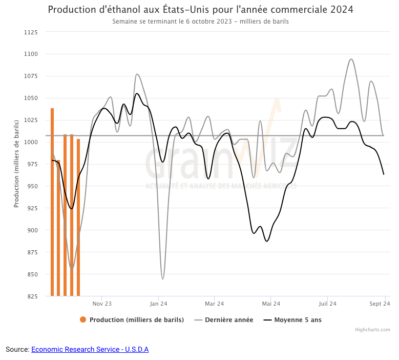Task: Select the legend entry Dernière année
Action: coord(228,320)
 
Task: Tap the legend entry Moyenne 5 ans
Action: coord(298,320)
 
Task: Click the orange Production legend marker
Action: coord(83,320)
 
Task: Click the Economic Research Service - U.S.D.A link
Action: coord(90,349)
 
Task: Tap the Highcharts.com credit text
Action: coord(372,330)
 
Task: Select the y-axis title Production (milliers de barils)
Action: coord(16,164)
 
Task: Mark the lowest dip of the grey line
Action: coord(163,279)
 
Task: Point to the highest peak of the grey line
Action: coord(351,59)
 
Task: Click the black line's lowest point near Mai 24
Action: coord(266,241)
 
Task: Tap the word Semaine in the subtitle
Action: coord(124,22)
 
